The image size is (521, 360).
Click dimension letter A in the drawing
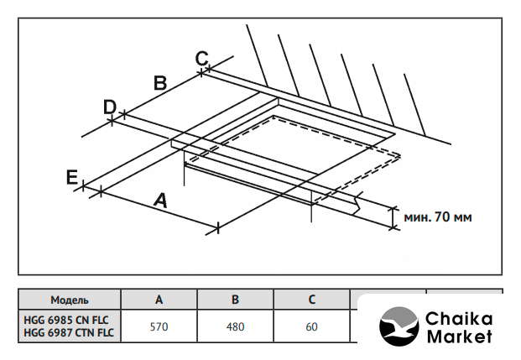pos(159,201)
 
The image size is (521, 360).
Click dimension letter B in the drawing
pos(160,82)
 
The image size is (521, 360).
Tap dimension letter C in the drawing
pos(201,58)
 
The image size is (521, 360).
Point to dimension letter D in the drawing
pos(109,107)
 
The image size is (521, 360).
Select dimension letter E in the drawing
pos(72,177)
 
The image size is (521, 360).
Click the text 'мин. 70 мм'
pos(438,217)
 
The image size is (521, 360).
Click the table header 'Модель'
pos(70,300)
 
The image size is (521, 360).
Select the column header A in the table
pos(159,300)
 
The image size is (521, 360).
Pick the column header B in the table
pos(236,300)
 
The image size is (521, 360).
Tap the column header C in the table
pos(311,300)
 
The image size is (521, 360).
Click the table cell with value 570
pos(159,326)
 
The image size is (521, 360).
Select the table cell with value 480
pos(236,326)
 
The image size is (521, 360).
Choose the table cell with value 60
pos(311,326)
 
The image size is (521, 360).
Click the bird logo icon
pos(399,327)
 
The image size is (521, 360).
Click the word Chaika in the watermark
pos(459,319)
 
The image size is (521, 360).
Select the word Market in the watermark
pos(459,337)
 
